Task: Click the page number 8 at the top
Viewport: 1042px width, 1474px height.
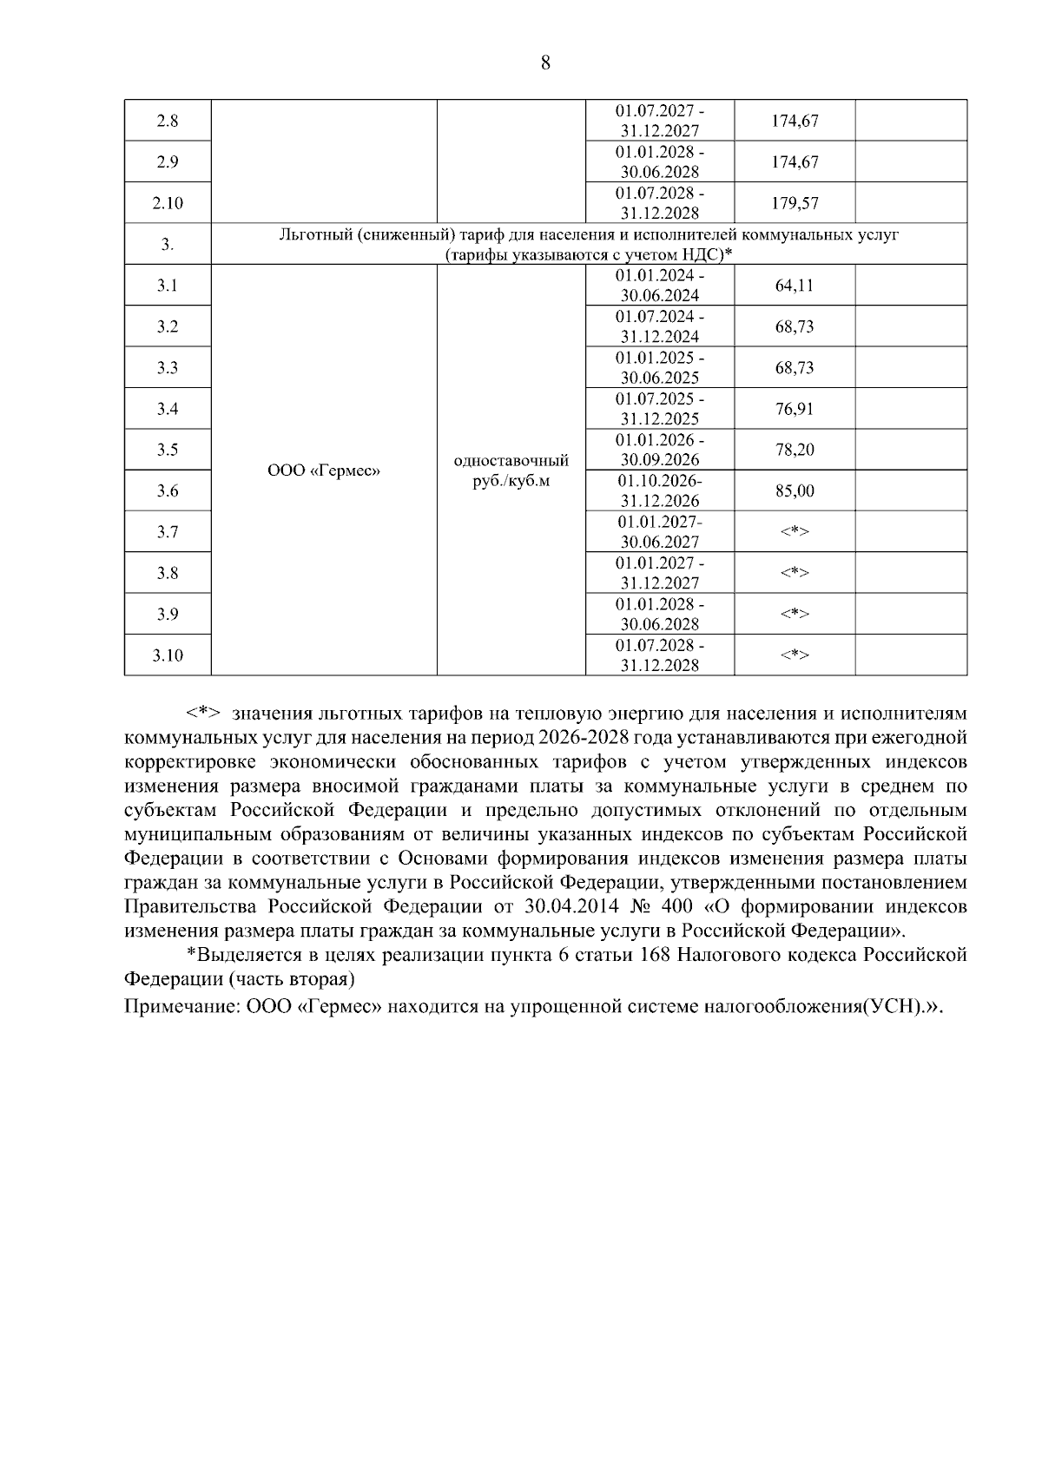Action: [x=545, y=63]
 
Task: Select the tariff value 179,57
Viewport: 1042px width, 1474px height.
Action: [x=795, y=203]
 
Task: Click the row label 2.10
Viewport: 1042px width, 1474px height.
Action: [x=168, y=203]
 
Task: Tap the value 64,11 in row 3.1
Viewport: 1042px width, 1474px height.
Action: [x=795, y=286]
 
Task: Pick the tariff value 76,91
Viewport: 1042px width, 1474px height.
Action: [x=795, y=409]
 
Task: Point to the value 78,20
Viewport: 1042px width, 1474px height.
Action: [x=795, y=450]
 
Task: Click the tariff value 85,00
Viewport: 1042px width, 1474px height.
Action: [x=795, y=491]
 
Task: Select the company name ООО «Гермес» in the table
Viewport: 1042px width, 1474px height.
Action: [x=324, y=470]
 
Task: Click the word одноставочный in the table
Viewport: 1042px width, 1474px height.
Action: [x=511, y=460]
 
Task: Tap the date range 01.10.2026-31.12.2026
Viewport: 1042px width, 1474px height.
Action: [x=660, y=490]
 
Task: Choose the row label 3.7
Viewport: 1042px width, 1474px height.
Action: [x=168, y=532]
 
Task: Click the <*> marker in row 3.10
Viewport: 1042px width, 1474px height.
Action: [x=795, y=655]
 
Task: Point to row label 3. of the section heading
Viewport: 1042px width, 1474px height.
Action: [x=168, y=245]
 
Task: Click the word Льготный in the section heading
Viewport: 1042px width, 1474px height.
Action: [x=315, y=234]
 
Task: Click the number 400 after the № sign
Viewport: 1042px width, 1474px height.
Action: [x=676, y=907]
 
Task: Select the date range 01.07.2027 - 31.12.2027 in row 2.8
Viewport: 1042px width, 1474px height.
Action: [x=660, y=122]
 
